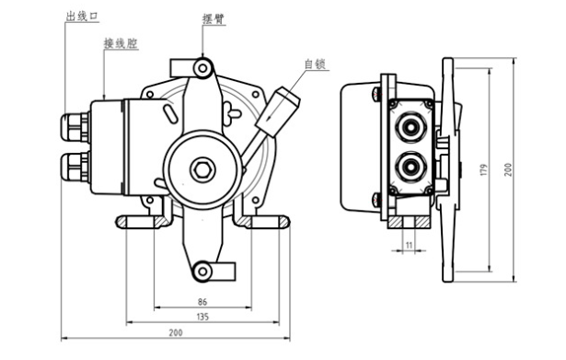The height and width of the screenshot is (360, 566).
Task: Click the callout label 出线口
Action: click(x=82, y=17)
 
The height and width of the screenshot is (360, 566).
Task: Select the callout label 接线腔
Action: click(x=121, y=43)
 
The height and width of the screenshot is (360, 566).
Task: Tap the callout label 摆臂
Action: click(x=214, y=18)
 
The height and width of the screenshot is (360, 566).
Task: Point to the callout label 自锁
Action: click(x=315, y=64)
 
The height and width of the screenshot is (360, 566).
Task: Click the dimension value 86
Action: click(x=202, y=301)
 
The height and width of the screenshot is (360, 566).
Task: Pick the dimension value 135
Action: click(x=202, y=317)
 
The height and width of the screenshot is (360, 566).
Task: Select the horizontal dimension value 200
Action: click(x=176, y=332)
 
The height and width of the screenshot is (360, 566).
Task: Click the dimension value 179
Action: click(x=484, y=169)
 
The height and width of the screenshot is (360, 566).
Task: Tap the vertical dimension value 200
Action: click(x=508, y=169)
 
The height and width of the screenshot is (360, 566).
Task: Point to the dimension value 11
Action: click(x=409, y=245)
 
